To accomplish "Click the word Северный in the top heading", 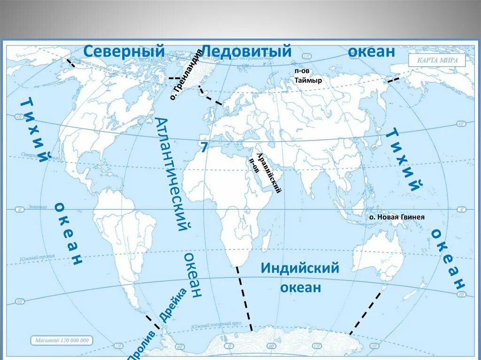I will coord(124,51).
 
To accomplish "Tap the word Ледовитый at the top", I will coord(247,51).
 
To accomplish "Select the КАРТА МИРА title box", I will coord(436,61).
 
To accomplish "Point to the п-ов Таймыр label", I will coord(308,77).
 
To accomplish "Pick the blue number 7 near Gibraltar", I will coord(204,147).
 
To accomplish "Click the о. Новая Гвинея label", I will coord(396,217).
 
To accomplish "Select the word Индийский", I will coord(300,268).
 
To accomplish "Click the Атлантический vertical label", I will coord(171,174).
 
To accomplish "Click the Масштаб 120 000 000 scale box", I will coord(62,340).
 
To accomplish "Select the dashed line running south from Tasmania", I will coord(365,312).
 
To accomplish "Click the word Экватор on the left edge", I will coord(37,207).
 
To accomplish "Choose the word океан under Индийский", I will coord(301,287).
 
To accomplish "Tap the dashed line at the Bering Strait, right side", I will coord(393,79).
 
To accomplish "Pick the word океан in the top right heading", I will coord(371,52).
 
